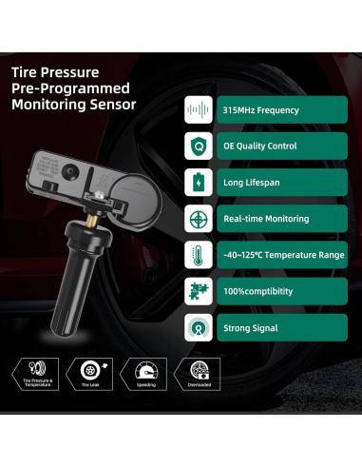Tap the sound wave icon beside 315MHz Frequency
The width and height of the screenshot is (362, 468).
point(198,109)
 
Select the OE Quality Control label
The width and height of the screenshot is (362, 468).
point(259,146)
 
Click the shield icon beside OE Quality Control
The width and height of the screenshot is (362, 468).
point(198,146)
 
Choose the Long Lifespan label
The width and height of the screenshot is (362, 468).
point(253,182)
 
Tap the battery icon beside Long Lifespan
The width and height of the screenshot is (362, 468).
point(198,182)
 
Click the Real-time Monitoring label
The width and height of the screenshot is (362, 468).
point(266,218)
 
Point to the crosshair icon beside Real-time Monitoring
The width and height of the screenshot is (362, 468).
point(198,218)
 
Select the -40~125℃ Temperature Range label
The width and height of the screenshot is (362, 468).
point(282,254)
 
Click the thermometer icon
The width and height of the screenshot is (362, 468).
point(198,254)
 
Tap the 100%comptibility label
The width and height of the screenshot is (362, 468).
point(257,290)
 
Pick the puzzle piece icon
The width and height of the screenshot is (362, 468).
point(198,290)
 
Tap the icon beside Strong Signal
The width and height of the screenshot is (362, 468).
point(198,326)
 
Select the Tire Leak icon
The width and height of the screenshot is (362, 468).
point(90,370)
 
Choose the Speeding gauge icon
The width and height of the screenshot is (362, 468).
point(145,370)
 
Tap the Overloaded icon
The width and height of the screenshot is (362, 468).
point(200,370)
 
